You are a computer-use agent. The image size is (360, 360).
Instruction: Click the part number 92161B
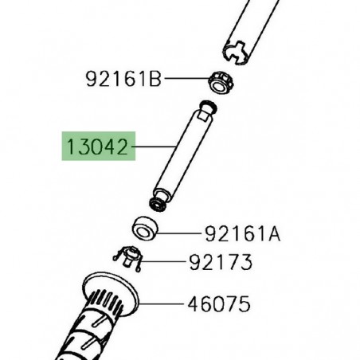123,79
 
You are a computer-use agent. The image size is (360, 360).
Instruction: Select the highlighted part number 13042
98,147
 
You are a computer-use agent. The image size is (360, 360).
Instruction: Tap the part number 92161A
242,234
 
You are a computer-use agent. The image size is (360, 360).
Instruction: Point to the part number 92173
221,262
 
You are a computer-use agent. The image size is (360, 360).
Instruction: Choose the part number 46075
219,303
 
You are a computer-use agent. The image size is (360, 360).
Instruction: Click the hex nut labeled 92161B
221,82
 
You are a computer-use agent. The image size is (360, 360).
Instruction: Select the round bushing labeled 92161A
145,228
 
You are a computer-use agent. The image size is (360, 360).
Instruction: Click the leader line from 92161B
186,78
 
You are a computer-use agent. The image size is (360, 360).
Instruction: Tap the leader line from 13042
154,147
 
